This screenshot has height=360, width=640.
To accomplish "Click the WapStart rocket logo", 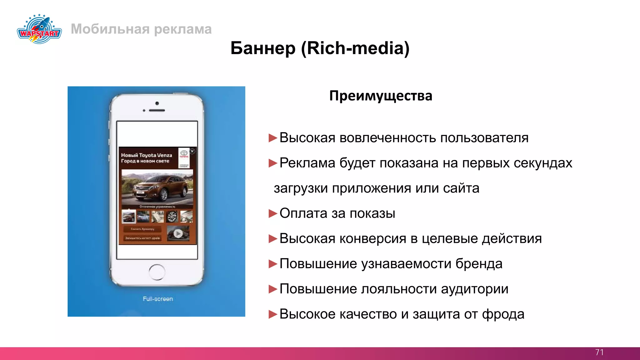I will (39, 29).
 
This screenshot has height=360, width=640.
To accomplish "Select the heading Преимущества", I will (381, 96).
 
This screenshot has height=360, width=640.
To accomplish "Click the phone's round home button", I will (157, 272).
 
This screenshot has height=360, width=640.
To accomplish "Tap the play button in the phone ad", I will (178, 233).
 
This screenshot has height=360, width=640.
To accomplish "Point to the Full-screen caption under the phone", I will (158, 299).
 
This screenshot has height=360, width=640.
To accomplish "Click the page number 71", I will (599, 352).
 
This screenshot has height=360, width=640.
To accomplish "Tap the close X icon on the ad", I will (192, 151).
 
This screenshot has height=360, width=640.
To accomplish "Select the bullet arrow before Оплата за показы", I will (273, 213).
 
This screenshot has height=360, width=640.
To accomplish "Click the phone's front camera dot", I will (157, 103).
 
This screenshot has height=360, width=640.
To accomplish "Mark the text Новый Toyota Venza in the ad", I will (147, 155).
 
